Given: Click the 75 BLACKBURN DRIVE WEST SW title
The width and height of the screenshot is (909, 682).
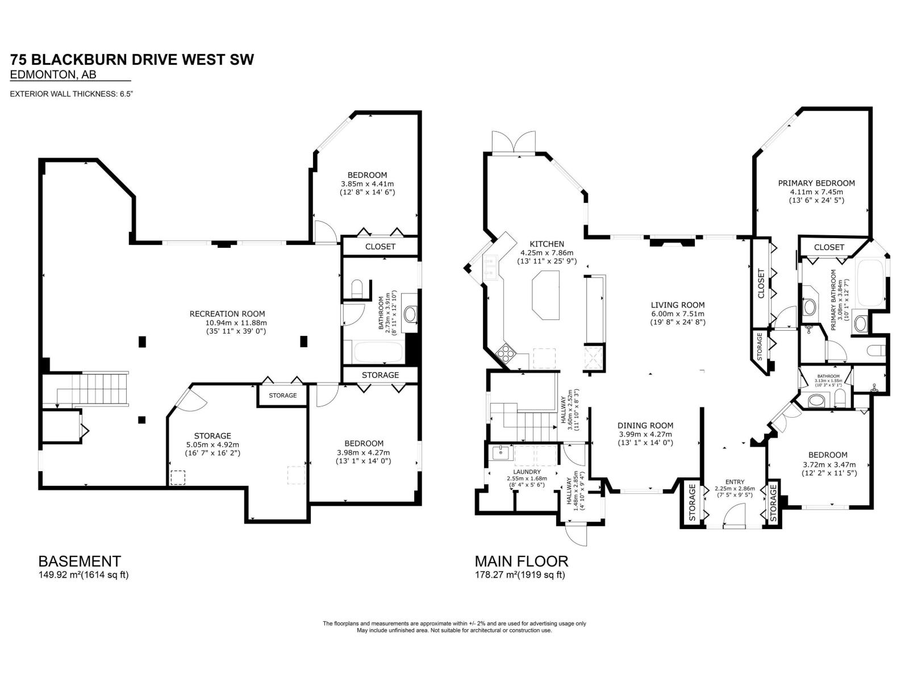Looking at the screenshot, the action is pyautogui.click(x=132, y=60).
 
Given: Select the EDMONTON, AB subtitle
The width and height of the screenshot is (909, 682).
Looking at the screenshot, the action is pyautogui.click(x=53, y=74).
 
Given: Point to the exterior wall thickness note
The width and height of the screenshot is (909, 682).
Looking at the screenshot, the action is pyautogui.click(x=71, y=94).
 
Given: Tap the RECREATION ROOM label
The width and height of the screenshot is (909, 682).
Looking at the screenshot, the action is pyautogui.click(x=227, y=314).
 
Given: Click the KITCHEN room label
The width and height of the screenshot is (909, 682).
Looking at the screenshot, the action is pyautogui.click(x=547, y=244).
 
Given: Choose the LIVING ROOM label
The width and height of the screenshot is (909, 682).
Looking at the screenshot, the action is pyautogui.click(x=678, y=305).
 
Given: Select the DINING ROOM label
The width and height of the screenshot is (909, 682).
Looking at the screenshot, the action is pyautogui.click(x=645, y=425).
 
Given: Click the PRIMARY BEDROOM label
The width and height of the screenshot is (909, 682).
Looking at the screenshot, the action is pyautogui.click(x=816, y=183).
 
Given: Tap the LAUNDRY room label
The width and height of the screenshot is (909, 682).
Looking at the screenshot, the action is pyautogui.click(x=527, y=472).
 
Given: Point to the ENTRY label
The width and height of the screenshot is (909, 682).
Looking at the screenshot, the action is pyautogui.click(x=735, y=481).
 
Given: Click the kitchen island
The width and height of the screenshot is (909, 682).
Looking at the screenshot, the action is pyautogui.click(x=546, y=295).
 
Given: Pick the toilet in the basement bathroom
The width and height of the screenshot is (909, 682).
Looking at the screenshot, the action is pyautogui.click(x=357, y=288).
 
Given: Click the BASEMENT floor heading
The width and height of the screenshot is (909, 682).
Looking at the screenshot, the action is pyautogui.click(x=80, y=561).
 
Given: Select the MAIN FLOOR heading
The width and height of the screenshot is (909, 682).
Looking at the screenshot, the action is pyautogui.click(x=522, y=561).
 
